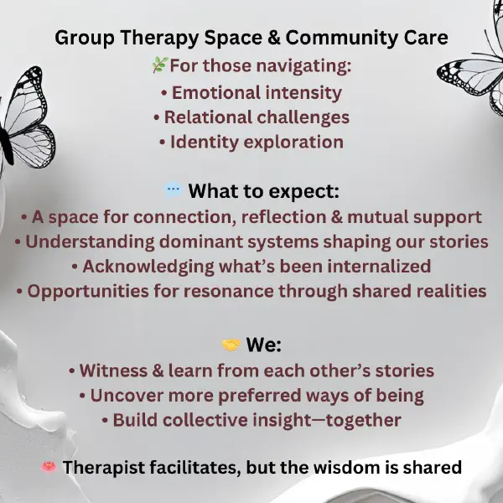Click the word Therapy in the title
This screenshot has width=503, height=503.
click(x=160, y=39)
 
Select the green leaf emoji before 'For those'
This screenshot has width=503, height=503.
click(x=160, y=65)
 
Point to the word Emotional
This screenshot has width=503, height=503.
click(x=216, y=93)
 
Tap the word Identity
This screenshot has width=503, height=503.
click(x=205, y=143)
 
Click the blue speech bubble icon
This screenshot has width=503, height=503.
click(x=174, y=190)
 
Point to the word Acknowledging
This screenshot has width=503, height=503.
click(x=148, y=267)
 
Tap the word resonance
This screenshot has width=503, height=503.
click(x=228, y=292)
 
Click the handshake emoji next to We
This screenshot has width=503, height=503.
click(x=231, y=345)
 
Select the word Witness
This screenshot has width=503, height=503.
click(x=113, y=371)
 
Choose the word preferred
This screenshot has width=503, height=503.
click(x=260, y=396)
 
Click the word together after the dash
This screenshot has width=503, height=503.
click(x=364, y=421)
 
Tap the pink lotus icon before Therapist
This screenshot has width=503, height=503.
click(x=49, y=467)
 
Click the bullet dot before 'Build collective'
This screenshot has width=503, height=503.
click(x=105, y=420)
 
